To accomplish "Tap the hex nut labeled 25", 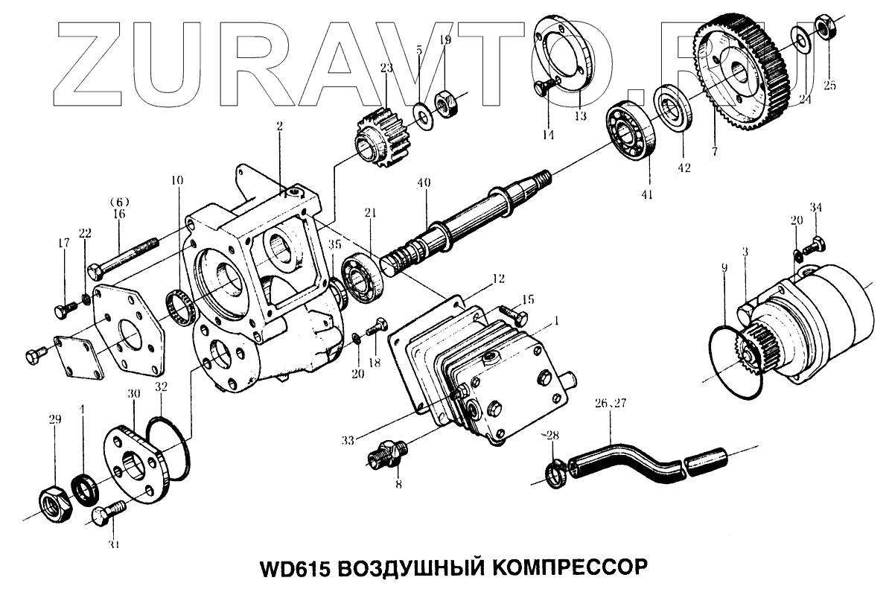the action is [826, 28].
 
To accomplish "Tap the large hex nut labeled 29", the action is [54, 506].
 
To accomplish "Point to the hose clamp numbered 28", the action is [555, 473].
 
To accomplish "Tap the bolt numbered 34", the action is [817, 244].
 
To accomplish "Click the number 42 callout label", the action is [684, 168].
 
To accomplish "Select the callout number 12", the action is [497, 279].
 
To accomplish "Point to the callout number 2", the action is [280, 127].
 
